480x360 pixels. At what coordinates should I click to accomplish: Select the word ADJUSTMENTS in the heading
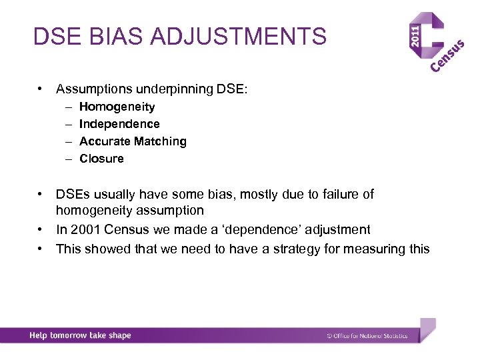[x=239, y=36]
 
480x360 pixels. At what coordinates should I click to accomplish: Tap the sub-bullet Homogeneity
[x=117, y=107]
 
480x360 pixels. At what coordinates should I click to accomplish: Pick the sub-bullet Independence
[x=119, y=124]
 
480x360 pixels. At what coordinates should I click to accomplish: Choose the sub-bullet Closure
[x=101, y=159]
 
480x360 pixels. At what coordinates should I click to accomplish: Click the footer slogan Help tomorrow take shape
[x=80, y=335]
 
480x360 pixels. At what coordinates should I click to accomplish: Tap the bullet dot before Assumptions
[x=41, y=88]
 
